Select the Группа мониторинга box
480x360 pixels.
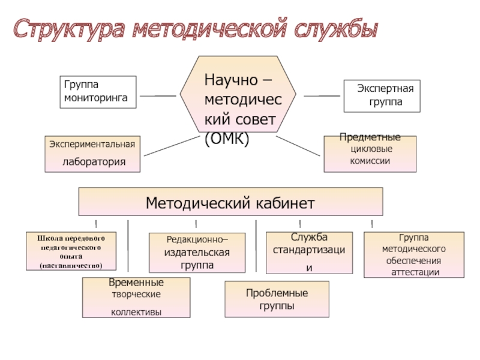(x=98, y=92)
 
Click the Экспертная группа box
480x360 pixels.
(x=382, y=96)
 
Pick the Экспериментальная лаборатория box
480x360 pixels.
(x=92, y=154)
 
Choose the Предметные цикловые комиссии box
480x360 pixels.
(x=370, y=154)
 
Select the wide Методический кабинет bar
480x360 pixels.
(x=230, y=202)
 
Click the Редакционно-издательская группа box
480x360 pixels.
(x=197, y=252)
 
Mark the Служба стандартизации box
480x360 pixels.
(x=308, y=253)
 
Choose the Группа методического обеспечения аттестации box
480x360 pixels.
(x=414, y=254)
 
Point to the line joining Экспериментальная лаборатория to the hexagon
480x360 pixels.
(x=171, y=146)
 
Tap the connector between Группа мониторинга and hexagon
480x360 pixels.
(x=157, y=95)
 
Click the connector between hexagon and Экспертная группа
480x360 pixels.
(x=323, y=95)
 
